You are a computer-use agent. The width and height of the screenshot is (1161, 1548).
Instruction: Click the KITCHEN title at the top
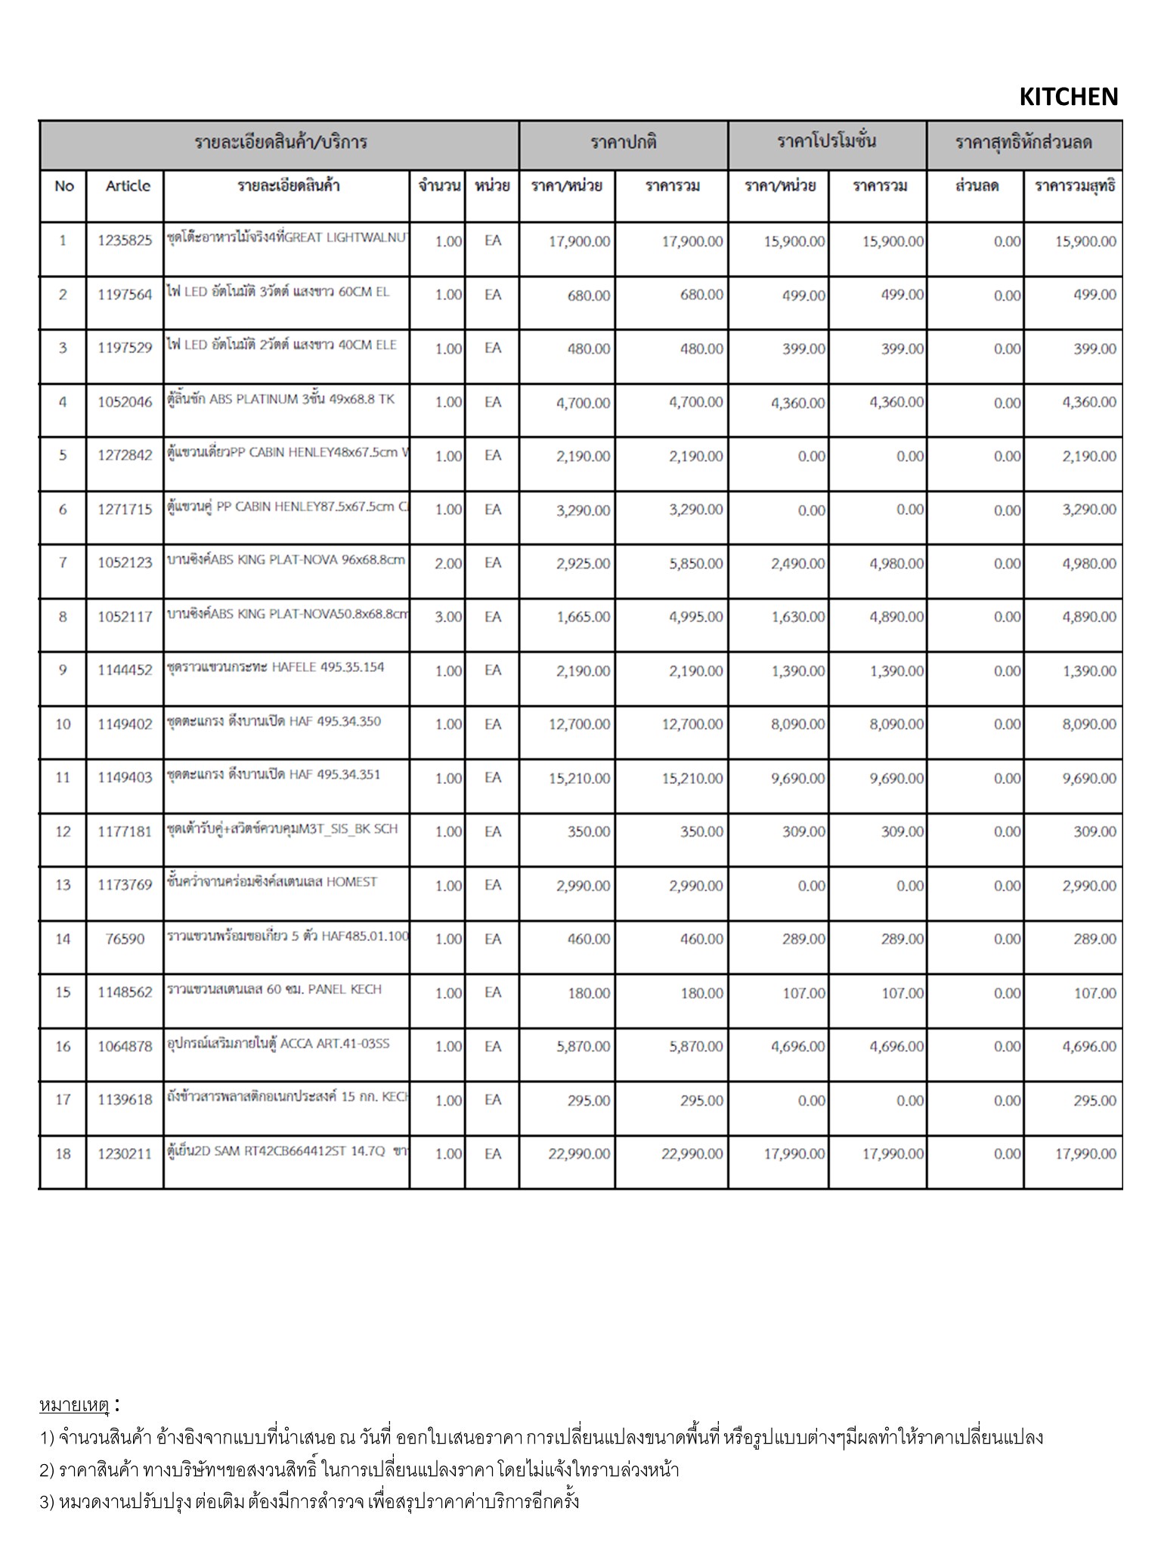1068,97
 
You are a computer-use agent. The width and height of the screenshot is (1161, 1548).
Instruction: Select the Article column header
128,186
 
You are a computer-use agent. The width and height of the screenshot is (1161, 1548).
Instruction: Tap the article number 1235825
125,241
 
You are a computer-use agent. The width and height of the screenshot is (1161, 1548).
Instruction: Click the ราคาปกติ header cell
624,142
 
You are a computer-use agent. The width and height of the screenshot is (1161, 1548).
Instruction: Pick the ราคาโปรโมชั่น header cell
827,142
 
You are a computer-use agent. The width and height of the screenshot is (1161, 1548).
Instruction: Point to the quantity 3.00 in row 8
448,617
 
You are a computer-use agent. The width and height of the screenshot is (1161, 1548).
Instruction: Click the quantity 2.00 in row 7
448,563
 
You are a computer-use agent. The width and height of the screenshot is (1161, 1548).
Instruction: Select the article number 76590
125,939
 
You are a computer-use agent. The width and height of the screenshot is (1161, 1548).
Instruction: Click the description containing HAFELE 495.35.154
276,667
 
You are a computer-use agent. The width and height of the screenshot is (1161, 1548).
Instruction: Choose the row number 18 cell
63,1153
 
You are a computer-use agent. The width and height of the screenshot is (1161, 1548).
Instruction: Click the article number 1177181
125,831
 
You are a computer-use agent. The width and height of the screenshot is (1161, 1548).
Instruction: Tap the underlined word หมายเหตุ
74,1405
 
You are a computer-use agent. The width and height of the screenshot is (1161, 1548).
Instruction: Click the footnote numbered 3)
310,1500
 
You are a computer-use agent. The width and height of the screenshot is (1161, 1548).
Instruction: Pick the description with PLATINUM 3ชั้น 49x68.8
280,399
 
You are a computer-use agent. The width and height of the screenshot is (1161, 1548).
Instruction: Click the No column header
64,186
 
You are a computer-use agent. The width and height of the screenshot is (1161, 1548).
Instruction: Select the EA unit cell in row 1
493,241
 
